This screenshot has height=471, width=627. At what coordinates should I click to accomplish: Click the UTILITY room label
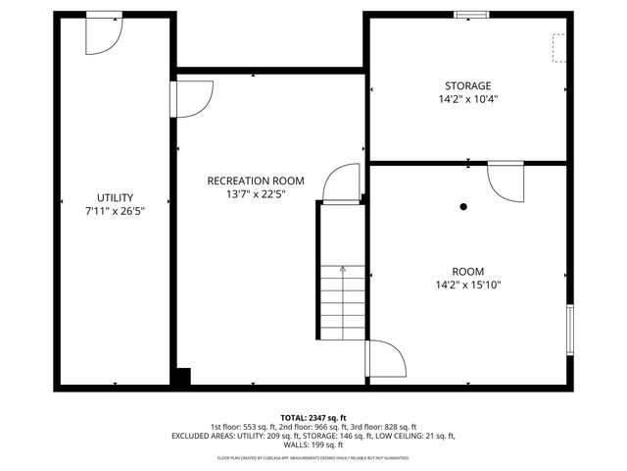(x=115, y=197)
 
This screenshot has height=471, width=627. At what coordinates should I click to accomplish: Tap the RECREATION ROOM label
(x=255, y=181)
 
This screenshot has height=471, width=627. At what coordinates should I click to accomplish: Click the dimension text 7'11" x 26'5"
(x=115, y=211)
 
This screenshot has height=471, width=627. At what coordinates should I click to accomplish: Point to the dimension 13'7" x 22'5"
(x=255, y=194)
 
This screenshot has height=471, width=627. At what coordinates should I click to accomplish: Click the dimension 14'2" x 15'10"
(x=467, y=285)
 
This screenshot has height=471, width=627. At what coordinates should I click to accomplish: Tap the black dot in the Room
(x=464, y=207)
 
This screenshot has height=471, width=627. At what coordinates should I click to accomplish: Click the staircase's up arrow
(x=342, y=268)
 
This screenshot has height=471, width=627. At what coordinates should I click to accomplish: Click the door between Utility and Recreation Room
(x=192, y=98)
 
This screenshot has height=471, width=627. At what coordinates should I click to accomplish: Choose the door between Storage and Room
(x=507, y=179)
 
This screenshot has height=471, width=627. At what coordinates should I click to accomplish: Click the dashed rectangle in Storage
(x=558, y=48)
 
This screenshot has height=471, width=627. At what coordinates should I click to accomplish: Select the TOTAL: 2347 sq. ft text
(x=313, y=417)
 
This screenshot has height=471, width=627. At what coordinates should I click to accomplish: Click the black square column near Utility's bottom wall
(x=182, y=376)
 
